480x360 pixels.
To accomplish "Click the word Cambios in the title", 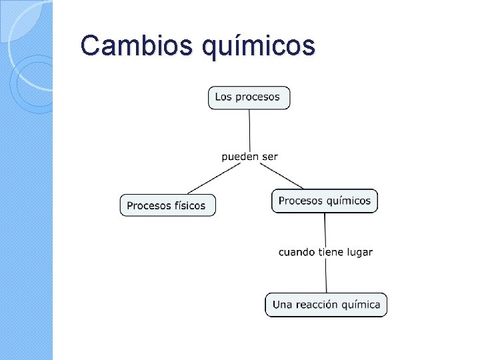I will tap(129, 46).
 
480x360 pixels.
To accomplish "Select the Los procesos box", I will tap(249, 97).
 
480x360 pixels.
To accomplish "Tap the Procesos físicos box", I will tap(167, 205).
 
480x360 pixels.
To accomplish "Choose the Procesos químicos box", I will tap(324, 201).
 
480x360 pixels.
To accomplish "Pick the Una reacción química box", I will tap(326, 305).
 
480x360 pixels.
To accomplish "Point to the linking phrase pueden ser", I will tap(249, 157).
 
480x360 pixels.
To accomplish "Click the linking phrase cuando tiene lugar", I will tap(325, 252).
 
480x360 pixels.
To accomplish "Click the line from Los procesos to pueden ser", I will tap(249, 129).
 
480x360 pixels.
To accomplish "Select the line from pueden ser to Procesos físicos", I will tap(213, 179).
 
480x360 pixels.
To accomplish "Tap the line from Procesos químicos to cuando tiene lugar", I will tap(325, 229).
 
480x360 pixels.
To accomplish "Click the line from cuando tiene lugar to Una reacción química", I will tap(326, 275).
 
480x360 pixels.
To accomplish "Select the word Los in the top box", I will tap(223, 97).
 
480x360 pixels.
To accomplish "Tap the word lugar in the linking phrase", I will tap(359, 252).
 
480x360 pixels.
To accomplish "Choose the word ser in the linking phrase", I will tap(269, 157).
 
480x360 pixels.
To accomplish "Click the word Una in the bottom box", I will tap(283, 305).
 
